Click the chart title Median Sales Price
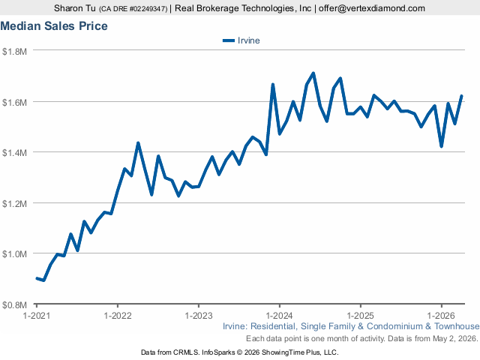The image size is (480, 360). [54, 26]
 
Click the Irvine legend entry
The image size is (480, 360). [241, 40]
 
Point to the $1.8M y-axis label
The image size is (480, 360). [14, 52]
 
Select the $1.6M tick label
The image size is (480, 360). [14, 102]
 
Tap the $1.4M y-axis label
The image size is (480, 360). [14, 153]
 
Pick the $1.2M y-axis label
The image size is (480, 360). [14, 203]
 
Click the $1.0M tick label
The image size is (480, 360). [14, 254]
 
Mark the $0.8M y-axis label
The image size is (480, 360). [14, 305]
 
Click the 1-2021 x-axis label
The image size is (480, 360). [37, 315]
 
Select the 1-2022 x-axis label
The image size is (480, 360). [118, 315]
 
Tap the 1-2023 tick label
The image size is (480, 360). [199, 315]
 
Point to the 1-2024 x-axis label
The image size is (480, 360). [280, 315]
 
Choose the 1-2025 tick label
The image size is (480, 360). [360, 315]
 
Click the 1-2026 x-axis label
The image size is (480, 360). [441, 315]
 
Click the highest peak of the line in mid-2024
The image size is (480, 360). [313, 73]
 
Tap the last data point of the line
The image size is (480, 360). [462, 96]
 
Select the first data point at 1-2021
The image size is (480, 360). [37, 278]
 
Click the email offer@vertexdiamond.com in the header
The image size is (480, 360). [372, 8]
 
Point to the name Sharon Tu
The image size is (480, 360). [75, 8]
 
